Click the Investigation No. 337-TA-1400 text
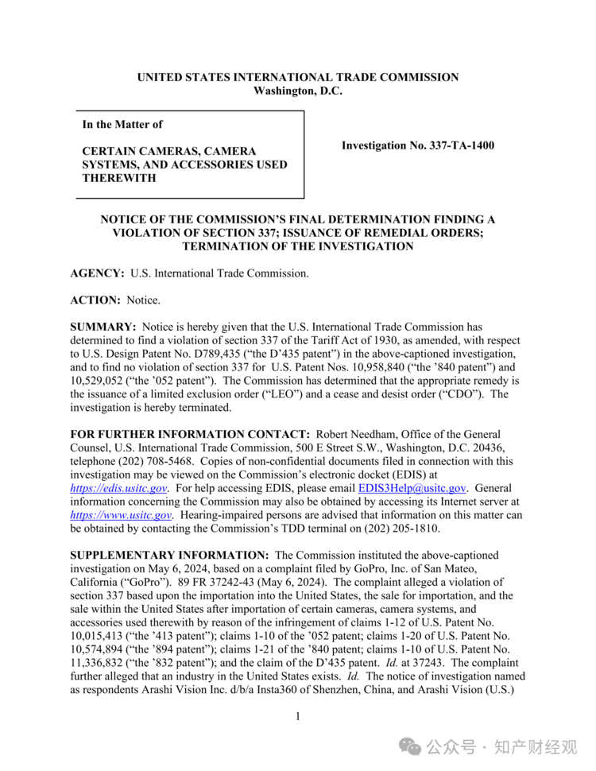coord(417,145)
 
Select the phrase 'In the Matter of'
coord(122,124)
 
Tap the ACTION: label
coord(95,300)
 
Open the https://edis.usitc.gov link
coord(118,488)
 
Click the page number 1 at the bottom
coord(297,717)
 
